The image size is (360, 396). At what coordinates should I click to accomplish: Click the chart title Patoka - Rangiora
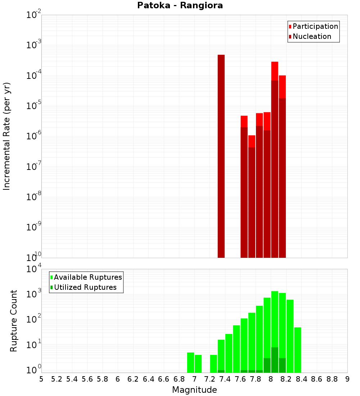(x=180, y=6)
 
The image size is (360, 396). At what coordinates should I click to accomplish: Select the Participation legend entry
(x=315, y=27)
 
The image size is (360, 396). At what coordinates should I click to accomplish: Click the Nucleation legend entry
(x=312, y=37)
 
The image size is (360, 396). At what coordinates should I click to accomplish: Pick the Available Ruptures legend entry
(x=88, y=278)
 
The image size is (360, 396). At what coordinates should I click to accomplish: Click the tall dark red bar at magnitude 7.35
(x=221, y=156)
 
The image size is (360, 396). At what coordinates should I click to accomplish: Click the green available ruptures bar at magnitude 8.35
(x=298, y=349)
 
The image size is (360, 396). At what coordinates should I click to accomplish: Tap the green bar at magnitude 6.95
(x=191, y=363)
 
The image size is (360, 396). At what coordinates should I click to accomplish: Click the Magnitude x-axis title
(x=194, y=390)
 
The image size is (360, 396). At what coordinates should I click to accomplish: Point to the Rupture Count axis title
(x=14, y=320)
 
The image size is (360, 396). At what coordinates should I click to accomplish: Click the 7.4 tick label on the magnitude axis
(x=225, y=379)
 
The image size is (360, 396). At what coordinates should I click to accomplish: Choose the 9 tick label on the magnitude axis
(x=347, y=379)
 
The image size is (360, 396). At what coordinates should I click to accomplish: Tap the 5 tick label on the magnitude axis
(x=41, y=379)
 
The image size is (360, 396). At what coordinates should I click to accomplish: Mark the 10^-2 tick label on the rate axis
(x=33, y=15)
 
